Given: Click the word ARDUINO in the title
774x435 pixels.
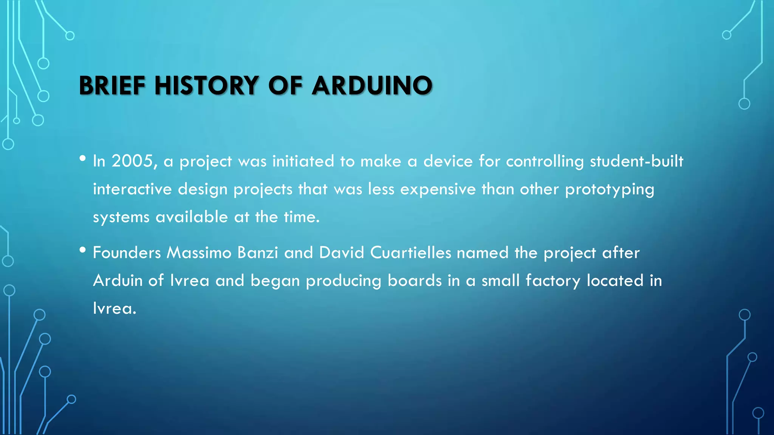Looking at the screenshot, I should pyautogui.click(x=372, y=85).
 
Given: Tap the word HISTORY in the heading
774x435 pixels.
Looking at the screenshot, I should pyautogui.click(x=207, y=85).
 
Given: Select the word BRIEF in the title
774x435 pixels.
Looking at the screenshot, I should pyautogui.click(x=112, y=85).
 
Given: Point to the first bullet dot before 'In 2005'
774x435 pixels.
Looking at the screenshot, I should pyautogui.click(x=83, y=158).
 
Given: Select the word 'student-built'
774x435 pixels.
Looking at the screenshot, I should pyautogui.click(x=636, y=161).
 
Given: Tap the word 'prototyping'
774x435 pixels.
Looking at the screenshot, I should pyautogui.click(x=609, y=190).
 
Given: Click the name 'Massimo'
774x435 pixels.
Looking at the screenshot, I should pyautogui.click(x=199, y=253).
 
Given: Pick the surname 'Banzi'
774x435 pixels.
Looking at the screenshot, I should pyautogui.click(x=258, y=253).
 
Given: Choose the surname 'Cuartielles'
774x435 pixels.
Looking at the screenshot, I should pyautogui.click(x=410, y=253).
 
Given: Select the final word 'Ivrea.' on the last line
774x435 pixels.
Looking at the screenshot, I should pyautogui.click(x=114, y=309).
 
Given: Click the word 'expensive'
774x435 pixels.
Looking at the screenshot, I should pyautogui.click(x=438, y=190).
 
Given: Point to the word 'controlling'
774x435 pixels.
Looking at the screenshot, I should pyautogui.click(x=545, y=162).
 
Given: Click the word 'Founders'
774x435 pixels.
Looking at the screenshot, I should pyautogui.click(x=127, y=253).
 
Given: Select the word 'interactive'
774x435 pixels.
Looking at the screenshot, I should pyautogui.click(x=132, y=189).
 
